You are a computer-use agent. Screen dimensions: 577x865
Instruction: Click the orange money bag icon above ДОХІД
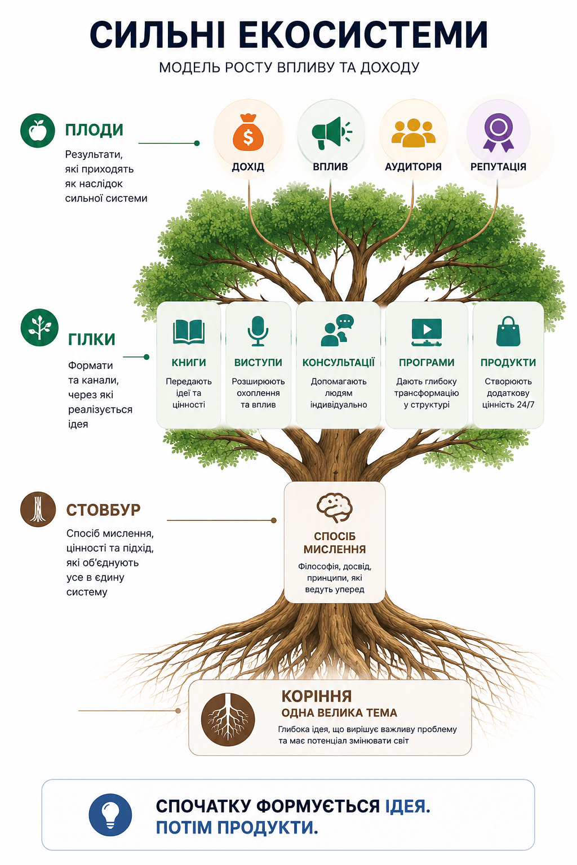coord(248,132)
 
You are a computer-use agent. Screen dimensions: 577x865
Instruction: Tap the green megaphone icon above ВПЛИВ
coord(331,133)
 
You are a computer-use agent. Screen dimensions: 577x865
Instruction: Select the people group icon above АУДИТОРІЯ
coord(413,133)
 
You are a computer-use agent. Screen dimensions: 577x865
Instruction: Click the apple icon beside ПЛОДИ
coord(38,131)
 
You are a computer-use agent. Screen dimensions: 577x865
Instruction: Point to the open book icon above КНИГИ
coord(189,332)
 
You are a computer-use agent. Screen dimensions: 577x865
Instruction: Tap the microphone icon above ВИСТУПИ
coord(258,331)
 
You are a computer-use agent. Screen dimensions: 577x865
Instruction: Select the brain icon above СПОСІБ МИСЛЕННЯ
coord(334,507)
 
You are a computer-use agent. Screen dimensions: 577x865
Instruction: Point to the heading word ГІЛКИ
coord(92,340)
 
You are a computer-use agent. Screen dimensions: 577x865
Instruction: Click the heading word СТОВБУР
coord(103,510)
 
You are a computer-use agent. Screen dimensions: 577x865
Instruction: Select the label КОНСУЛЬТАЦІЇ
coord(339,363)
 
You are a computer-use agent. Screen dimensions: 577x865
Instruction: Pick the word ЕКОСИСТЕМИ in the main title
coord(363,35)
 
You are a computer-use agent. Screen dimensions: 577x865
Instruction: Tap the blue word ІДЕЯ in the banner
coord(408,806)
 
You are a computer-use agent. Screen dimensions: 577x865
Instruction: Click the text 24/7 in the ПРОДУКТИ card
coord(526,405)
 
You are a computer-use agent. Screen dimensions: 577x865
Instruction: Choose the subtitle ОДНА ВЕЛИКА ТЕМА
coord(339,712)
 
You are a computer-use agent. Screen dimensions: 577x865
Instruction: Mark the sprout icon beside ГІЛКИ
coord(39,327)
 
